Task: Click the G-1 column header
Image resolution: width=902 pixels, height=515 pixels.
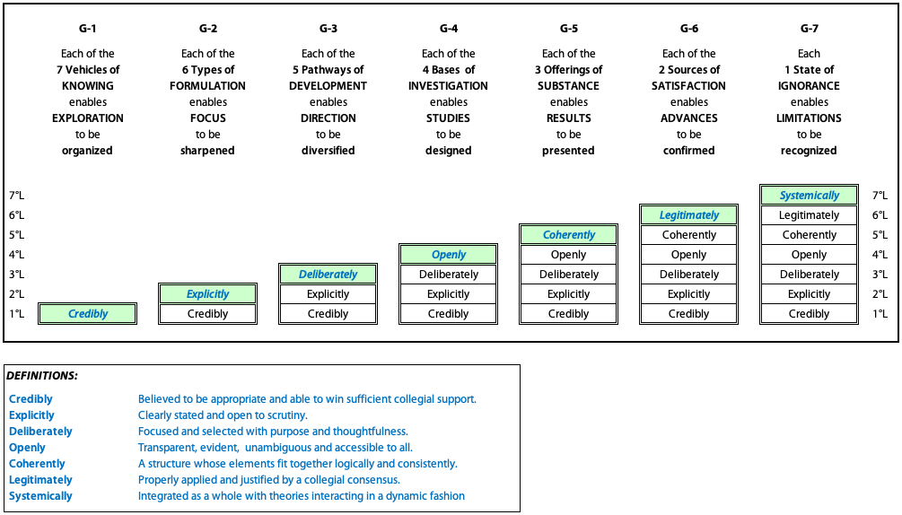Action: pyautogui.click(x=87, y=28)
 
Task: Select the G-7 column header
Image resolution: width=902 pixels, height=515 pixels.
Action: pyautogui.click(x=809, y=28)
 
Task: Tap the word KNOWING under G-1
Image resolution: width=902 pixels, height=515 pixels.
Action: pyautogui.click(x=87, y=85)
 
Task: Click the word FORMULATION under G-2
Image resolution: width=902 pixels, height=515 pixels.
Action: pyautogui.click(x=207, y=85)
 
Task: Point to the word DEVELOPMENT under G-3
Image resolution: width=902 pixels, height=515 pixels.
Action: pyautogui.click(x=328, y=85)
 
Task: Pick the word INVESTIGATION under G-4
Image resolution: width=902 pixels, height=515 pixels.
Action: pyautogui.click(x=448, y=85)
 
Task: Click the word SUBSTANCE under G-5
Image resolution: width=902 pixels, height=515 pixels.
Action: pyautogui.click(x=568, y=85)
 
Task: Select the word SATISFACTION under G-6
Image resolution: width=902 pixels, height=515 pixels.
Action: pyautogui.click(x=688, y=85)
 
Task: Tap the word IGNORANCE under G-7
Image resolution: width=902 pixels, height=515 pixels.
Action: pyautogui.click(x=809, y=85)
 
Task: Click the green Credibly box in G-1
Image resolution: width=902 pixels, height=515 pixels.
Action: pyautogui.click(x=87, y=314)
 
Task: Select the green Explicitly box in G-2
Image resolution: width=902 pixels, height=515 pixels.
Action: pyautogui.click(x=207, y=294)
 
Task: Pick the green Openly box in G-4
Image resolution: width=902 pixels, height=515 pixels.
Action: pyautogui.click(x=448, y=255)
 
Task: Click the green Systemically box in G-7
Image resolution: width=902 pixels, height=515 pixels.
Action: pyautogui.click(x=809, y=196)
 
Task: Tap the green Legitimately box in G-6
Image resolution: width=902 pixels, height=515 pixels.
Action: pyautogui.click(x=688, y=215)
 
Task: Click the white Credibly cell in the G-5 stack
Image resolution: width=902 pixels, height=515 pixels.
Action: pyautogui.click(x=568, y=314)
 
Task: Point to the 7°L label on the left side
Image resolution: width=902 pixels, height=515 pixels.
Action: pyautogui.click(x=17, y=196)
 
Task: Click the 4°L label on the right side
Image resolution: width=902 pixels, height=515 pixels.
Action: pyautogui.click(x=880, y=255)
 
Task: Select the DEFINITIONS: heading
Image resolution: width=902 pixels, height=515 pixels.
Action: pyautogui.click(x=42, y=376)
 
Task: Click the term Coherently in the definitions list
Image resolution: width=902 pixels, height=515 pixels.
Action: pyautogui.click(x=37, y=464)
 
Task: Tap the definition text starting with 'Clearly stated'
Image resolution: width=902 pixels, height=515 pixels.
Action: pyautogui.click(x=223, y=415)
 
